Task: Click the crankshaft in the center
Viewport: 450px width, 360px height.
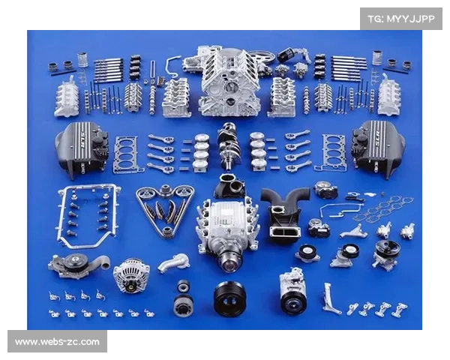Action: point(229,146)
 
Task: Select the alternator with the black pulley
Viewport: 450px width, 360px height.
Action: point(131,275)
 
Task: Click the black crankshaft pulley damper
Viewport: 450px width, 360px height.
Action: point(229,298)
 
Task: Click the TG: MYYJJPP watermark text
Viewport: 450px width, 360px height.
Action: point(401,19)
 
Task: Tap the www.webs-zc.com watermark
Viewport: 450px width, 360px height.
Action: point(57,342)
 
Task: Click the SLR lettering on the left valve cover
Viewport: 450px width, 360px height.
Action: point(82,139)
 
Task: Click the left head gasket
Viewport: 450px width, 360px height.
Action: point(127,154)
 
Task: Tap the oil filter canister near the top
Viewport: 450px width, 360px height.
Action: point(287,55)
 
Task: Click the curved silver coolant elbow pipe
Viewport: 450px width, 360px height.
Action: point(174,262)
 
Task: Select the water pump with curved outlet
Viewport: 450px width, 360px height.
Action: point(79,265)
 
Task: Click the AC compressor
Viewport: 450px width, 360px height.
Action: point(293,290)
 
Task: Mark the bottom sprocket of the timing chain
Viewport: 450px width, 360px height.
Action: point(166,232)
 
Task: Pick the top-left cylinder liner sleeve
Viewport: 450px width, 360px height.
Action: point(82,59)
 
